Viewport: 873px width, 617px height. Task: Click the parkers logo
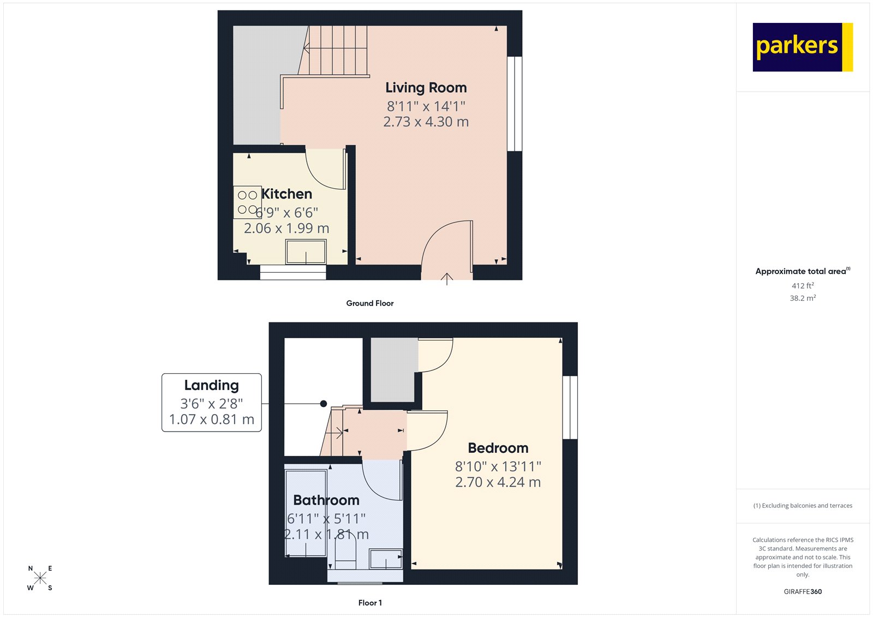(x=802, y=47)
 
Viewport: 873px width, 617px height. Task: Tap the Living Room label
(x=426, y=88)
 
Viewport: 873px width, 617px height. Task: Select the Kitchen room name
(x=286, y=194)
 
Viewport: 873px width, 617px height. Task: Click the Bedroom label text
(x=498, y=448)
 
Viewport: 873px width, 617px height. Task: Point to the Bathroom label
(x=326, y=500)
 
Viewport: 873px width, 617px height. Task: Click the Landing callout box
(x=212, y=402)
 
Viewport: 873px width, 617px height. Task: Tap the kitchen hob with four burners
(x=247, y=202)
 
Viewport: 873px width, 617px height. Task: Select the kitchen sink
(x=306, y=252)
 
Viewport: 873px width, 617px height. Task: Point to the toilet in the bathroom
(x=345, y=551)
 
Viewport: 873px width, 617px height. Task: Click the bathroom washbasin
(x=386, y=559)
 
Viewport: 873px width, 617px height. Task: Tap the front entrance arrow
(x=447, y=279)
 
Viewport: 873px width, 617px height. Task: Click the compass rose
(x=40, y=578)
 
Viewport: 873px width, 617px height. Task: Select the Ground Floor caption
(x=369, y=303)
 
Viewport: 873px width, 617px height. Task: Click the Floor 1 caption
(x=370, y=603)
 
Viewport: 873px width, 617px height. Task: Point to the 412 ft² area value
(x=803, y=286)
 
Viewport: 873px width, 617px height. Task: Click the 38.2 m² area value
(x=803, y=298)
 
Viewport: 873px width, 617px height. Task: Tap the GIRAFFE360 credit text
(x=803, y=591)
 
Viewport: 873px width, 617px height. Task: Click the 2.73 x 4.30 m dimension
(x=426, y=122)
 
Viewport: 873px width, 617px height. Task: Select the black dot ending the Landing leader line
(x=324, y=404)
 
